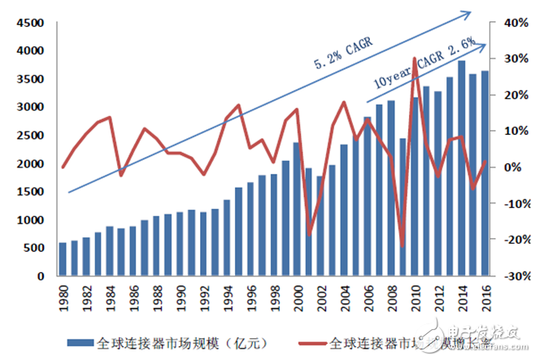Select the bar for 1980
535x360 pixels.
63,259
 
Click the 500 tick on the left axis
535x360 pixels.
24,249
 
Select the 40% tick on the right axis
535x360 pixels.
510,24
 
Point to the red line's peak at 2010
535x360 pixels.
415,59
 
